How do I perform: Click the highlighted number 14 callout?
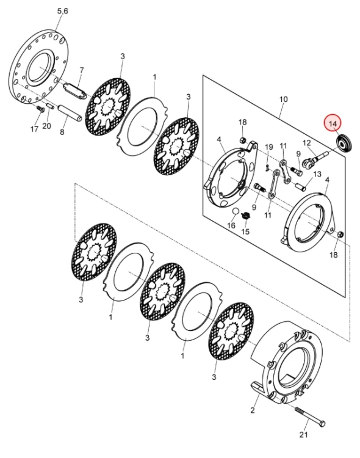click(x=333, y=123)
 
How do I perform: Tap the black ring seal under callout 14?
click(x=344, y=143)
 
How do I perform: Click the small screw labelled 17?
click(x=40, y=109)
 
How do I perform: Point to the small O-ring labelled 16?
click(x=236, y=211)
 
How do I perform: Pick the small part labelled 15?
click(x=246, y=216)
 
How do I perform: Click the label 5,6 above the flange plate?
click(x=62, y=11)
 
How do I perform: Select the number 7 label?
click(x=82, y=70)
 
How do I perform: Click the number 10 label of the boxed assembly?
click(x=283, y=99)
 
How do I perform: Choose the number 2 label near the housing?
click(x=253, y=410)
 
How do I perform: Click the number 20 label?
click(x=47, y=126)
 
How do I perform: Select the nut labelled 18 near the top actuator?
click(x=243, y=141)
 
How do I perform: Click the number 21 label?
click(x=304, y=435)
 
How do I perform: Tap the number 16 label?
click(x=231, y=225)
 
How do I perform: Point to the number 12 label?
click(x=307, y=143)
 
